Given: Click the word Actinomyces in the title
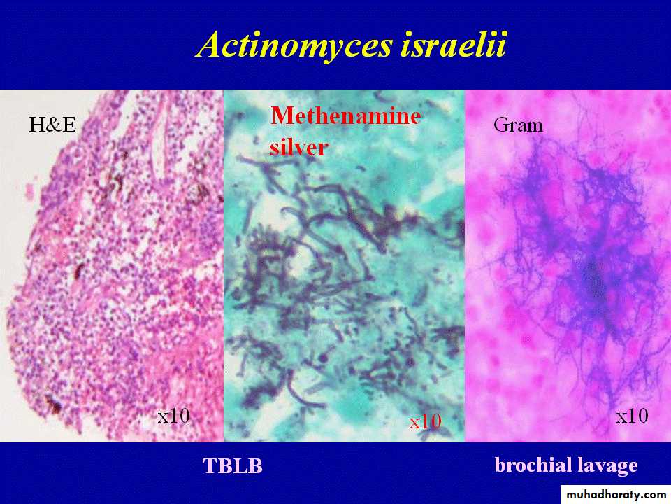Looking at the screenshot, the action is pos(294,45).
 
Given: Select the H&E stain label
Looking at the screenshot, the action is pos(52,125).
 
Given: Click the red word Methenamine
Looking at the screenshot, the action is pos(346,115).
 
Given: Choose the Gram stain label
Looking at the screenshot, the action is pos(518,125).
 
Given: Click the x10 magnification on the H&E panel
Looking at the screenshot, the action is pos(174,415).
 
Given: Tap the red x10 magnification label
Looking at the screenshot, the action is pos(425,421).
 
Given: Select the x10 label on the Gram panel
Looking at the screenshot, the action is pos(632,416).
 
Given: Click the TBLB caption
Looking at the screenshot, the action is pos(233,466).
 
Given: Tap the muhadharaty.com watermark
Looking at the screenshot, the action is pos(616,495).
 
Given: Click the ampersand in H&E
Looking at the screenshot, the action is pos(52,125).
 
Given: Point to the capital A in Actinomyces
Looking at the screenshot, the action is pos(212,44).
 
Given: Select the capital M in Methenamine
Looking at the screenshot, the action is pos(283,115).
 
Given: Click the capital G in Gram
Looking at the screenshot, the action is pos(500,125).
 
